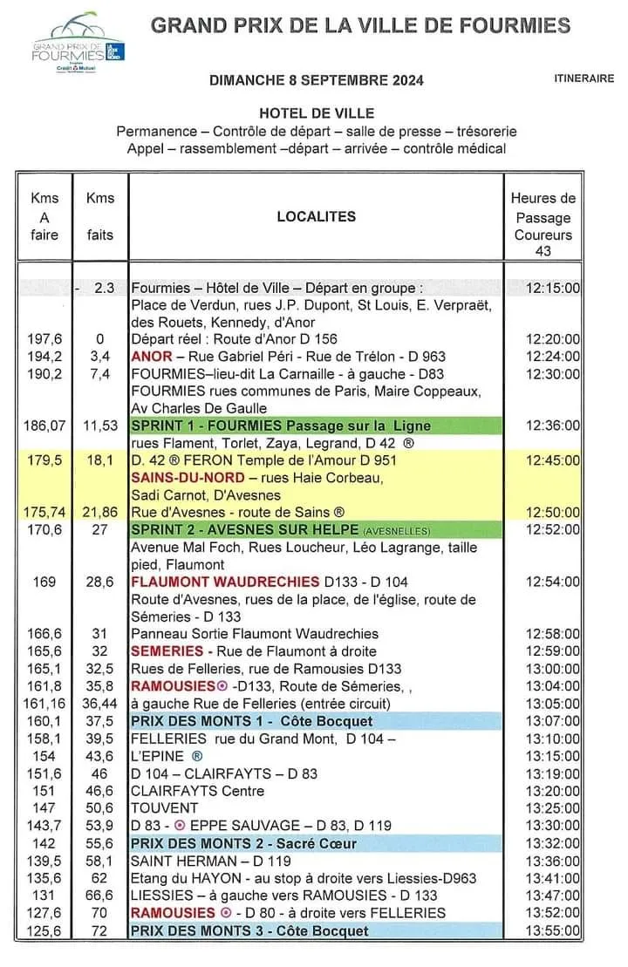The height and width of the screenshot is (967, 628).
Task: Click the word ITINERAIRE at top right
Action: coord(584,78)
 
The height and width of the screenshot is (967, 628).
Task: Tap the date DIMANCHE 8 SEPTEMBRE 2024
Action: coord(317,81)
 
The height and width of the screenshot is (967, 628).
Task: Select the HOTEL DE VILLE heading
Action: coord(317,113)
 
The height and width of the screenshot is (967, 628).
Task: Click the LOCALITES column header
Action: coord(317,216)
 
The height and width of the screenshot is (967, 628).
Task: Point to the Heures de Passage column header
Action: coord(543,224)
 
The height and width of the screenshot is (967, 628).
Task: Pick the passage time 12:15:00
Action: coord(554,288)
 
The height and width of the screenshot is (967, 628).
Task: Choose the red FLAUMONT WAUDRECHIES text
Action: coord(225,582)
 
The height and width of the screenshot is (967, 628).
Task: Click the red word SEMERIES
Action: coord(167,651)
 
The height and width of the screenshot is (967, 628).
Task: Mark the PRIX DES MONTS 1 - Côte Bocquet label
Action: coord(251,721)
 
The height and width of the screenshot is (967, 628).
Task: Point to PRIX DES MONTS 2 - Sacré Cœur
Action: coord(243,843)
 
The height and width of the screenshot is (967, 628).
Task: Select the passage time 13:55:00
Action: coord(554,930)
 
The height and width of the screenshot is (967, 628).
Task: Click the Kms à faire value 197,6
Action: coord(45,339)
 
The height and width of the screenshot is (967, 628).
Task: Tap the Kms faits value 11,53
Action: coord(100,426)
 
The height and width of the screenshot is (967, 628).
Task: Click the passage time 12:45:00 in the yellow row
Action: coord(554,460)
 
